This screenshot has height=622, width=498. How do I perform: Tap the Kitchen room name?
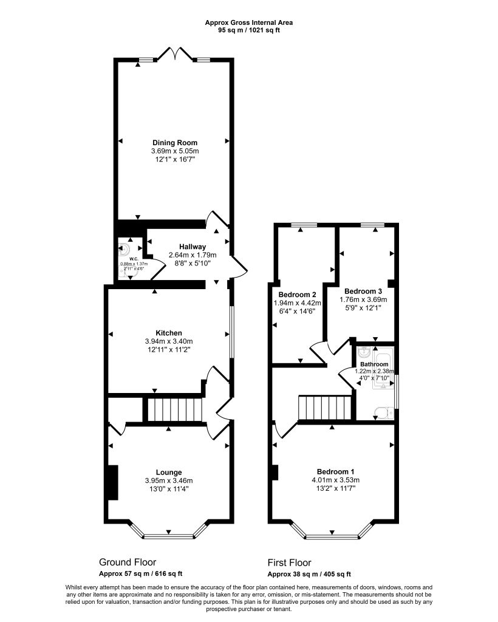[169, 333]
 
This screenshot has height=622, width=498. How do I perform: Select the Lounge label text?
[169, 472]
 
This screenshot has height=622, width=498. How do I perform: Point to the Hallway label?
[188, 246]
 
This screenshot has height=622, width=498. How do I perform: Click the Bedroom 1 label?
[336, 471]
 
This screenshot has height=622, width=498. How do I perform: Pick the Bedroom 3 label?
[362, 291]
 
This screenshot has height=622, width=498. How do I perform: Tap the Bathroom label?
[374, 364]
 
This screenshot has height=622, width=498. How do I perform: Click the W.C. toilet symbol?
[126, 249]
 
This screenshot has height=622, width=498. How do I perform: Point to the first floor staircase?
[326, 408]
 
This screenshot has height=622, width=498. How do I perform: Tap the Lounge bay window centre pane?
[169, 536]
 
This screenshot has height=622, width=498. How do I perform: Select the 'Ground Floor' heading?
[131, 562]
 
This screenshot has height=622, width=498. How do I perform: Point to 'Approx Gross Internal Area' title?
[249, 22]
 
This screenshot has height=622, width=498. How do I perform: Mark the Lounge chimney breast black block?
[113, 483]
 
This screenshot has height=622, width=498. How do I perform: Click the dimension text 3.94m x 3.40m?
[169, 342]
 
